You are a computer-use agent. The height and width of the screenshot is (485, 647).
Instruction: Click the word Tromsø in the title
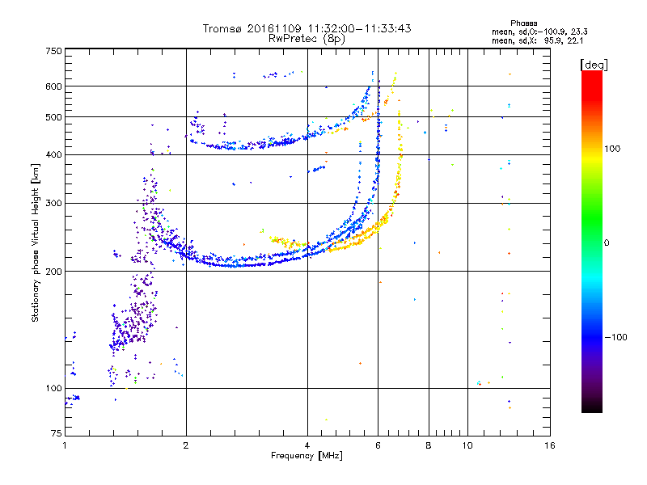point(221,28)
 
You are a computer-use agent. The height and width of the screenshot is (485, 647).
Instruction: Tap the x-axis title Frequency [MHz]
point(307,456)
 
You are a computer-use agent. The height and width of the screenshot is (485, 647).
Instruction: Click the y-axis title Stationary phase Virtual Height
point(36,242)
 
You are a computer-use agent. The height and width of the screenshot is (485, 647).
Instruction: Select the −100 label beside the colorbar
point(618,336)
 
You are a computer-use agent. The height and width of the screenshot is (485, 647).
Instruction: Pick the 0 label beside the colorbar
point(608,242)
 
